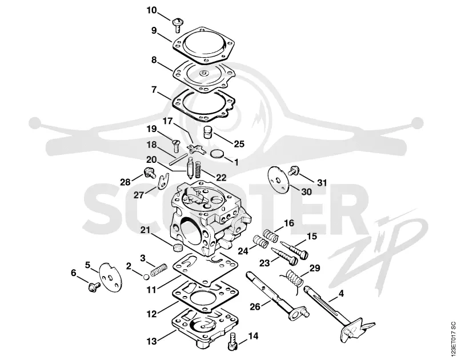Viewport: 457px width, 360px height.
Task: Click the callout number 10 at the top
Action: [x=151, y=10]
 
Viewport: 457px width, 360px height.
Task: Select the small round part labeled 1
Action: [x=217, y=153]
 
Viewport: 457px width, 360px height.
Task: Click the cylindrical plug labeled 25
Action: [x=207, y=133]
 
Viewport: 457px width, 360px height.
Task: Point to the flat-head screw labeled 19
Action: [x=175, y=145]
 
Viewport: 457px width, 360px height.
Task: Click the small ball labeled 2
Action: [x=146, y=277]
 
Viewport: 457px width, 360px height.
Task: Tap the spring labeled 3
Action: [x=159, y=270]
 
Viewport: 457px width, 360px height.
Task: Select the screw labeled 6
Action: [x=94, y=287]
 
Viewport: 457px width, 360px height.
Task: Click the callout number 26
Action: [x=255, y=306]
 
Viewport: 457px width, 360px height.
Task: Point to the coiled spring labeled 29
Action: [x=292, y=279]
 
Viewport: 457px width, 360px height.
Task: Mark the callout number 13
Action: [x=152, y=341]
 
